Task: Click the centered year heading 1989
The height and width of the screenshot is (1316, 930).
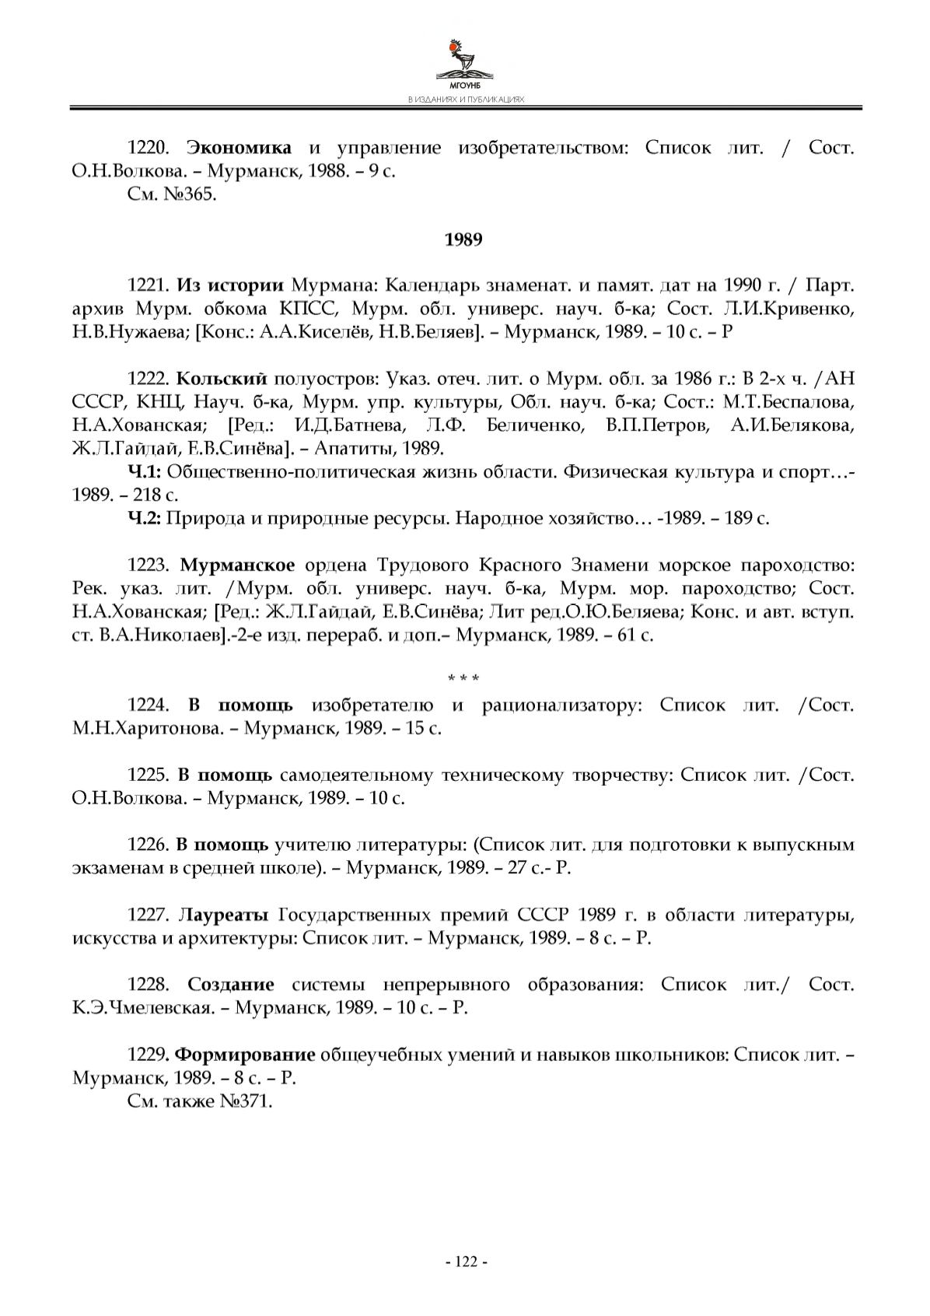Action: point(463,240)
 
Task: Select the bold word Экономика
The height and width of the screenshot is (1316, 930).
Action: point(240,148)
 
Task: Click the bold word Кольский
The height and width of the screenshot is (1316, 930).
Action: point(222,379)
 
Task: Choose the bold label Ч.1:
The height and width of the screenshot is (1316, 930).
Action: point(144,472)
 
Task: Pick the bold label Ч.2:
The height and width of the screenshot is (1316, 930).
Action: point(144,518)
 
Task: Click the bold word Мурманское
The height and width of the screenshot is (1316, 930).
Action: point(237,565)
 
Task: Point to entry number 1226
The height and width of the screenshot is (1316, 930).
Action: point(148,845)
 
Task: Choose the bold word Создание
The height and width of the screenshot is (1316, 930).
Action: point(231,985)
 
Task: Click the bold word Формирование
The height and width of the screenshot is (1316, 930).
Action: point(245,1055)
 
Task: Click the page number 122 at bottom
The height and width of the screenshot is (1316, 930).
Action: point(465,1262)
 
